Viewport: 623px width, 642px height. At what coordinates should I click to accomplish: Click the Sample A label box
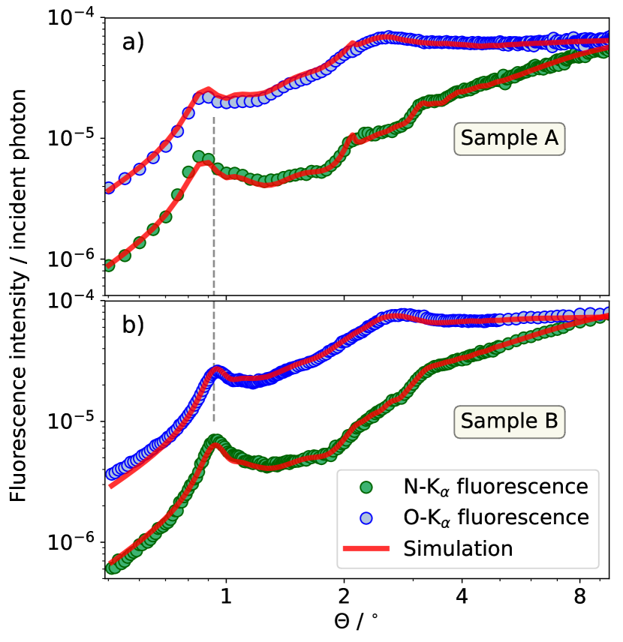[509, 139]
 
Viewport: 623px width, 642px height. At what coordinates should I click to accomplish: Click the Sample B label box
[509, 421]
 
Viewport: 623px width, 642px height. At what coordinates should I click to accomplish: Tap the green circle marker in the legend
[366, 487]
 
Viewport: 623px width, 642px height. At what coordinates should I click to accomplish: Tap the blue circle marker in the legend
[366, 518]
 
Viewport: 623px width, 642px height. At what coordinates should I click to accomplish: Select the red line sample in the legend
[366, 549]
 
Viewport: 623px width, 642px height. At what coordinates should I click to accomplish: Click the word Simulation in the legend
[458, 549]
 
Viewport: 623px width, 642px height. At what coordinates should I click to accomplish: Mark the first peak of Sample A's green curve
[200, 157]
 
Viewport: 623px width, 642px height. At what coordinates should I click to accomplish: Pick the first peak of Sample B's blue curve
[216, 370]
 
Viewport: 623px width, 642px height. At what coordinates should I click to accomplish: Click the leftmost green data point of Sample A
[108, 265]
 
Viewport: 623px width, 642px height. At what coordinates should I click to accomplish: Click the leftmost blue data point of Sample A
[108, 188]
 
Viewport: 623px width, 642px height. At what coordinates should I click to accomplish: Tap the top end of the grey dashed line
[214, 118]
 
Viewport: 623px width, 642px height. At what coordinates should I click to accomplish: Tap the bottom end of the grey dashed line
[214, 421]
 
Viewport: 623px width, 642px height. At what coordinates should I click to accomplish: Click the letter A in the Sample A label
[552, 139]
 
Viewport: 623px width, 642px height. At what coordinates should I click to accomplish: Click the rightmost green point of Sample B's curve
[605, 316]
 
